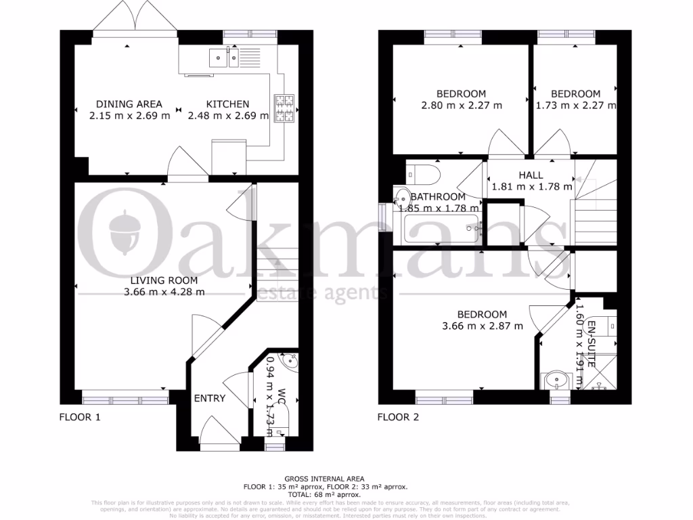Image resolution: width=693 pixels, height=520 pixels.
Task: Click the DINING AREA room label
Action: (129, 104)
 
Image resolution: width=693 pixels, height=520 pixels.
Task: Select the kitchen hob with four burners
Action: (284, 109)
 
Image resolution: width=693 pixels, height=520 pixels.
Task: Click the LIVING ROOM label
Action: (164, 280)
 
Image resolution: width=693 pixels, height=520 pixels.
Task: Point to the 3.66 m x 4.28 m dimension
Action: (164, 292)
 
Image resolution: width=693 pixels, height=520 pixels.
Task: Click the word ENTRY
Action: (210, 398)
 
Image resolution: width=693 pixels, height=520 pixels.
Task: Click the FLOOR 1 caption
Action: (80, 417)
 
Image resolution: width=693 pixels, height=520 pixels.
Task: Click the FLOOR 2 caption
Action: (398, 417)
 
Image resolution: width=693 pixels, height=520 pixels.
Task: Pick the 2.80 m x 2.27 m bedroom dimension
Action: (461, 105)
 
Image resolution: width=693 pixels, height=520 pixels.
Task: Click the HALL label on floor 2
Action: (531, 175)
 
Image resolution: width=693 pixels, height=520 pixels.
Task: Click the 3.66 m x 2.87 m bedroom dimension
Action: (482, 326)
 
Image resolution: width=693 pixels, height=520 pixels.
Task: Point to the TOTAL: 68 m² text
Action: (326, 494)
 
